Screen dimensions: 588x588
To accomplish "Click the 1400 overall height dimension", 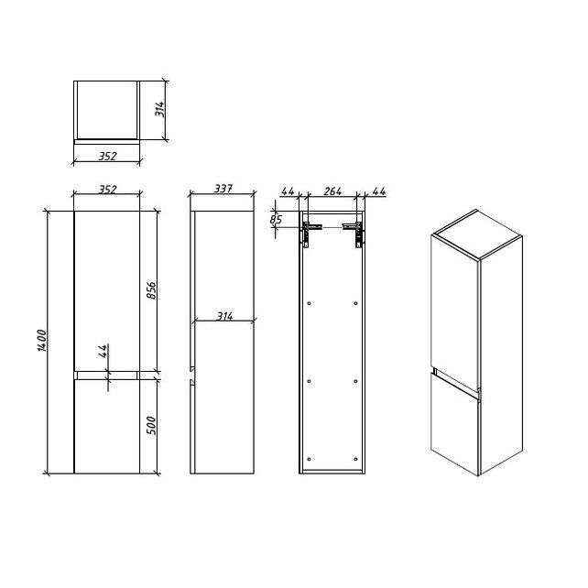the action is coord(42,341).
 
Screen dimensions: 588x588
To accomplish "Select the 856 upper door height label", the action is coord(151,290).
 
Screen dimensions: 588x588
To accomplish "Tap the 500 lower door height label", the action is coord(151,425).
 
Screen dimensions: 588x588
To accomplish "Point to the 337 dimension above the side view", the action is coord(223,189).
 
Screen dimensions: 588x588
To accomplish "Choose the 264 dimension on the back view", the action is coord(332,191).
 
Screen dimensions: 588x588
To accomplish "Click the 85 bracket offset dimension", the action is coord(276,219).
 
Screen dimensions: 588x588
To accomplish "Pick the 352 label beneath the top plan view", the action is coord(108,156).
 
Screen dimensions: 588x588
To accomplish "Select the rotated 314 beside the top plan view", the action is coord(159,109).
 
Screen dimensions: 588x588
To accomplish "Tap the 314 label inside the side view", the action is coord(224,317).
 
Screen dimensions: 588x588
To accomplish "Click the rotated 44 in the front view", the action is coord(103,351).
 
